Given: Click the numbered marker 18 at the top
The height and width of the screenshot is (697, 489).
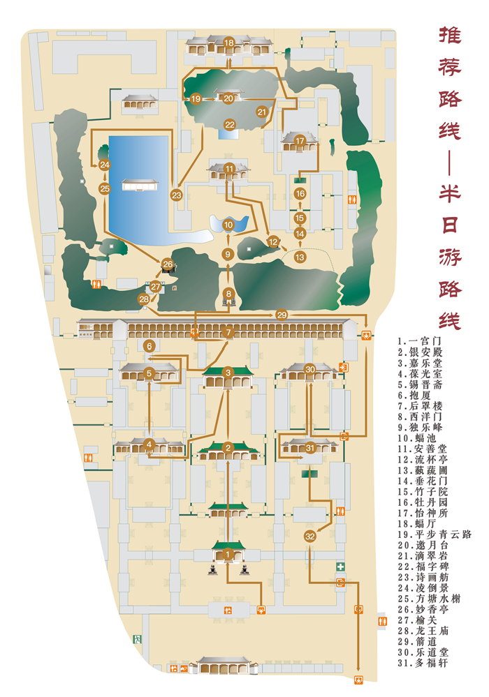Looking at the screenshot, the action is point(228,43).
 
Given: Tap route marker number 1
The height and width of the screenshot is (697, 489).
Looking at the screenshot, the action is point(228,555).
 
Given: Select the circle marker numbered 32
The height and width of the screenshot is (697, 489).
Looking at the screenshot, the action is point(310,537).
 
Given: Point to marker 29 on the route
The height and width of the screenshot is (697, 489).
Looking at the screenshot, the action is point(282,315).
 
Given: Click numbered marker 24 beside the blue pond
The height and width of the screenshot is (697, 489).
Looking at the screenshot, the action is point(104,165).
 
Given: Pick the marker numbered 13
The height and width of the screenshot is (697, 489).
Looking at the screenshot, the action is point(300,257).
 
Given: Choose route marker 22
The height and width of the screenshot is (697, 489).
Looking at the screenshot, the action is point(229,124).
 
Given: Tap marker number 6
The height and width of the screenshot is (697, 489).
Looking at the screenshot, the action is point(149,345).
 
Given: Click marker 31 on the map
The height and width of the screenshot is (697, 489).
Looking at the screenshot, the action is point(310,448).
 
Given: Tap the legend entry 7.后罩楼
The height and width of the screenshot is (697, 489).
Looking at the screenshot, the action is point(423,405).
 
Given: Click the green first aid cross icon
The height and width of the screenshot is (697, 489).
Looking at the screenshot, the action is point(340,567).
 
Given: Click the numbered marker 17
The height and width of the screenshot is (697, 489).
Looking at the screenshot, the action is point(300,141).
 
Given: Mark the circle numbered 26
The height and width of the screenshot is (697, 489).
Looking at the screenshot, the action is point(168,264).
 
